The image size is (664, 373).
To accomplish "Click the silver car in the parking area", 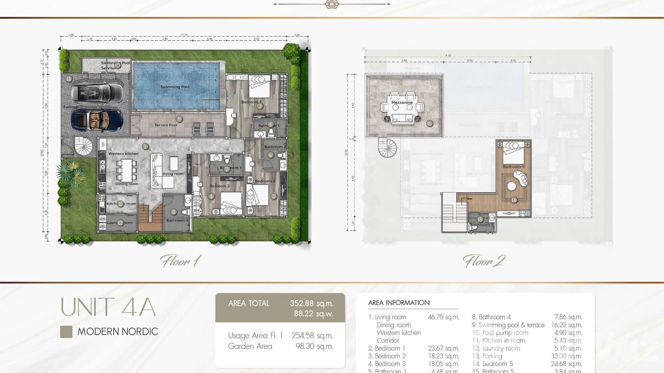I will click(x=97, y=92).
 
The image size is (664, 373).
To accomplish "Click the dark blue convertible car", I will click(x=97, y=119).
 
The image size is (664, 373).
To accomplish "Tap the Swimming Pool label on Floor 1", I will click(x=175, y=87).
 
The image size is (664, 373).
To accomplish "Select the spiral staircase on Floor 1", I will click(x=83, y=147).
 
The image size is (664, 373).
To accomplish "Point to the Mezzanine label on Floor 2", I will click(x=402, y=102).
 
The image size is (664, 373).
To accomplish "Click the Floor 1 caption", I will click(x=180, y=261).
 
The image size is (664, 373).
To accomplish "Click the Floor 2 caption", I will click(x=483, y=261).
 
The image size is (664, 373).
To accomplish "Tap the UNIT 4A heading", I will click(x=108, y=307).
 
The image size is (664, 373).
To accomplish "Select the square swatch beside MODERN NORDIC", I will click(x=66, y=332).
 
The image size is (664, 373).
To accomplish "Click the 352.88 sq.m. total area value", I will click(x=311, y=303).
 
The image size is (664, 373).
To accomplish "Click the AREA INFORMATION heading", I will click(x=399, y=303).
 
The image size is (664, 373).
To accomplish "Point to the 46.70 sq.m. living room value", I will click(x=443, y=317).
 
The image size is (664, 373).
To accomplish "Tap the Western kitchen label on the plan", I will click(x=123, y=154).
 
